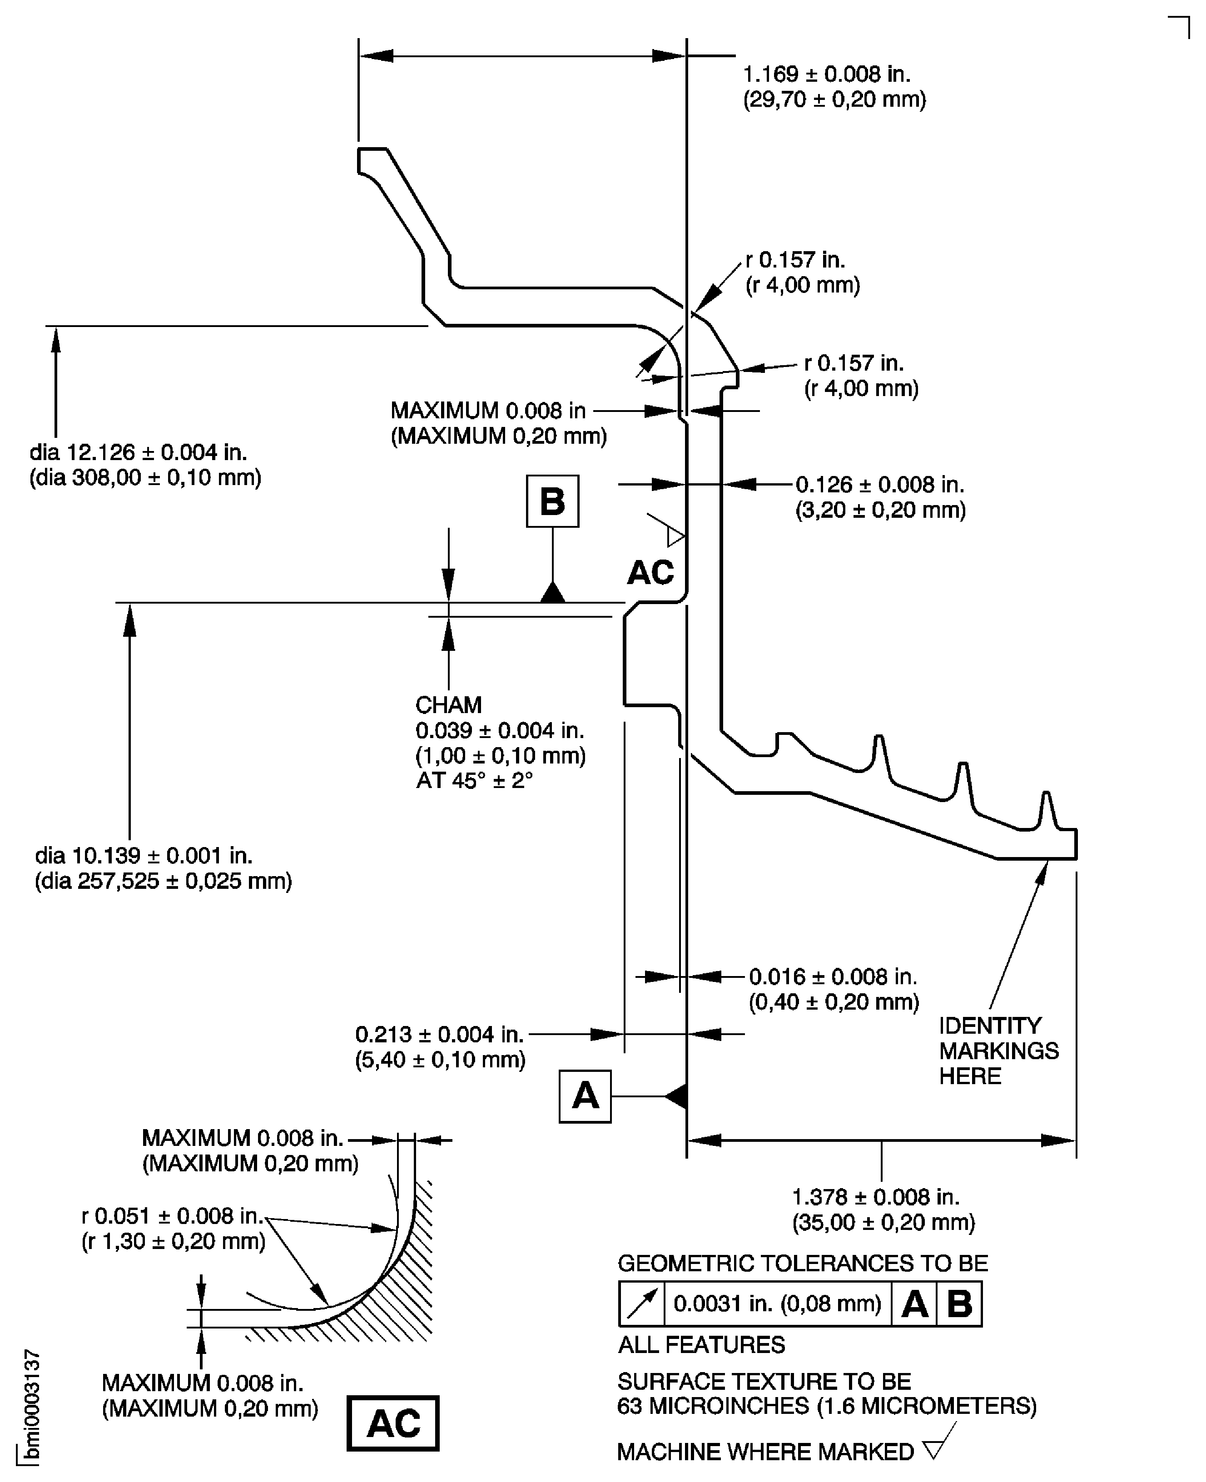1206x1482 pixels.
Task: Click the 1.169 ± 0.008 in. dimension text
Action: point(826,74)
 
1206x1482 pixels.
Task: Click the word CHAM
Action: point(448,705)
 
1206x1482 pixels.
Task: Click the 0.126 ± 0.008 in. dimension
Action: point(879,484)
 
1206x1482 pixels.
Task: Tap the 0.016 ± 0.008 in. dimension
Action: point(832,976)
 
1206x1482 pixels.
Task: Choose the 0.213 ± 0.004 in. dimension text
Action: point(439,1034)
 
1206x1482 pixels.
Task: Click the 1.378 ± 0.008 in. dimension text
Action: point(875,1197)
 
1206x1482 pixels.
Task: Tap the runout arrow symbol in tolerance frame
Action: point(641,1304)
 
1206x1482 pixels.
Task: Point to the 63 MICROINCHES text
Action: point(712,1406)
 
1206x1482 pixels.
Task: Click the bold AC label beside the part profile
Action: point(650,572)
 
